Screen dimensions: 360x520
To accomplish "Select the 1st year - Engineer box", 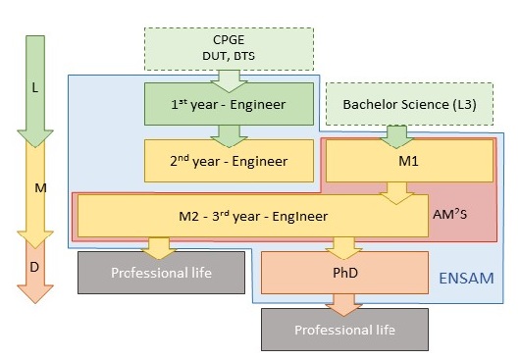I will pyautogui.click(x=229, y=104).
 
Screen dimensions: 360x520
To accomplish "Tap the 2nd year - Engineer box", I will pyautogui.click(x=229, y=161).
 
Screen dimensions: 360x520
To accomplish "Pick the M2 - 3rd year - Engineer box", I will pyautogui.click(x=253, y=216).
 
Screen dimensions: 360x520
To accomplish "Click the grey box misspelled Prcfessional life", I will pyautogui.click(x=161, y=273).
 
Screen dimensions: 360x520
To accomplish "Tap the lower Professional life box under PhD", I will pyautogui.click(x=344, y=330).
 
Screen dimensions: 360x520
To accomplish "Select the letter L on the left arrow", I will pyautogui.click(x=35, y=87).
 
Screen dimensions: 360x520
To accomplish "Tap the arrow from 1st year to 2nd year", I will pyautogui.click(x=230, y=134).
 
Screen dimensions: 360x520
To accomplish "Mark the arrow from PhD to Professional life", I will pyautogui.click(x=343, y=302).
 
